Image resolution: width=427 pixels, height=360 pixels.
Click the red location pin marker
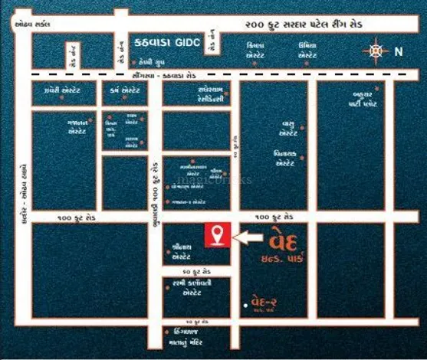218,235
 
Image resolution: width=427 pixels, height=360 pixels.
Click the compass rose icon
375,52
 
